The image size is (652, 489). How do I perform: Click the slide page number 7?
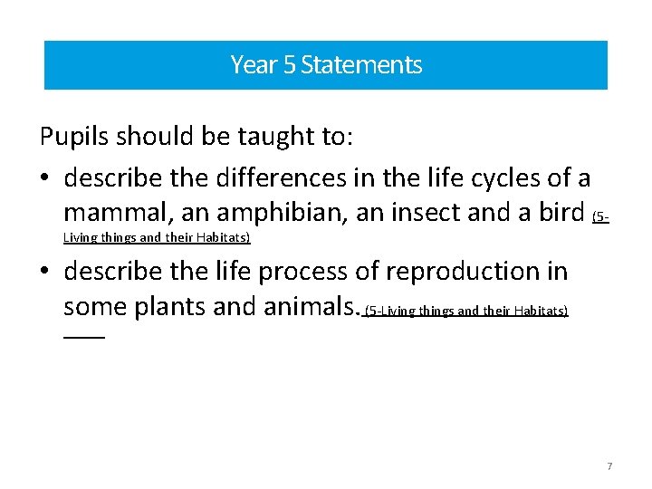click(609, 466)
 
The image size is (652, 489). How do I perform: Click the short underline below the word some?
click(84, 337)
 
